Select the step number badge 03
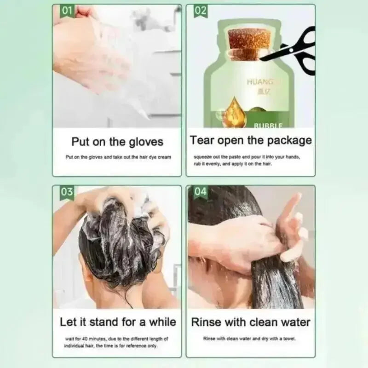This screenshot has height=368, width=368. pos(67,192)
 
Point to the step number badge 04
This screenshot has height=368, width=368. pos(201,192)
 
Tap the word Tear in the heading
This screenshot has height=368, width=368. pos(201,140)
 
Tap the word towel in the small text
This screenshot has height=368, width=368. pos(289,339)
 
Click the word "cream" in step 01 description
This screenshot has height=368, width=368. pos(164,157)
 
